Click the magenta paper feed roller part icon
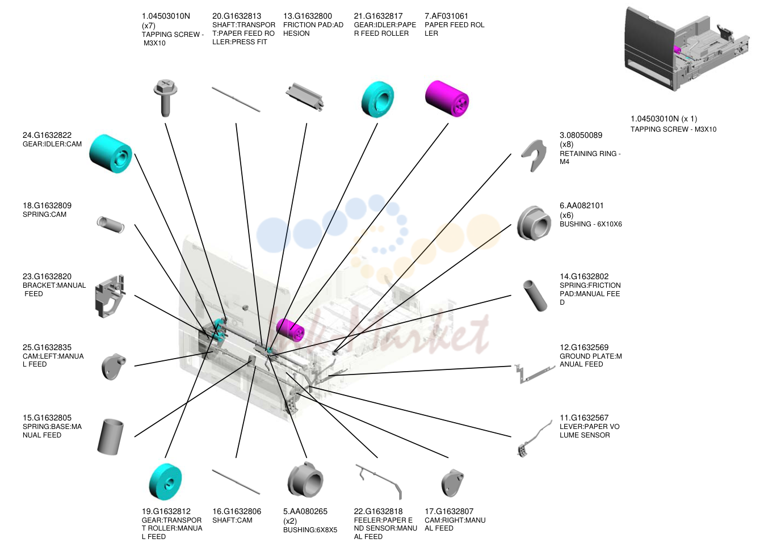tap(447, 99)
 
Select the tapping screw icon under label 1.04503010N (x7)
tap(165, 98)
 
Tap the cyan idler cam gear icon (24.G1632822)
tap(111, 154)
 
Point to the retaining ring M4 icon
tap(534, 155)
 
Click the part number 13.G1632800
tap(308, 16)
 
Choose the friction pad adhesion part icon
tap(305, 96)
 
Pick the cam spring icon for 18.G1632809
tap(111, 225)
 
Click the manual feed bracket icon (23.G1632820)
tap(110, 296)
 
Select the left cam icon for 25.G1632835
tap(114, 367)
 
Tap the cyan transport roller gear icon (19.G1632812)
tap(165, 482)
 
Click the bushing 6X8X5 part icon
tap(305, 479)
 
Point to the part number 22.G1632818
tap(378, 511)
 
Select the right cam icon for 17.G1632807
tap(452, 483)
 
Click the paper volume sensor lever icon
tap(534, 439)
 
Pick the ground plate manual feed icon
tap(534, 375)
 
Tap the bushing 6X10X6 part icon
tap(534, 223)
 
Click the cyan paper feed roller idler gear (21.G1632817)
tap(377, 99)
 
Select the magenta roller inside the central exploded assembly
tap(289, 330)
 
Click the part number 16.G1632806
tap(237, 511)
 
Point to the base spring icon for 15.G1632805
tap(110, 437)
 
